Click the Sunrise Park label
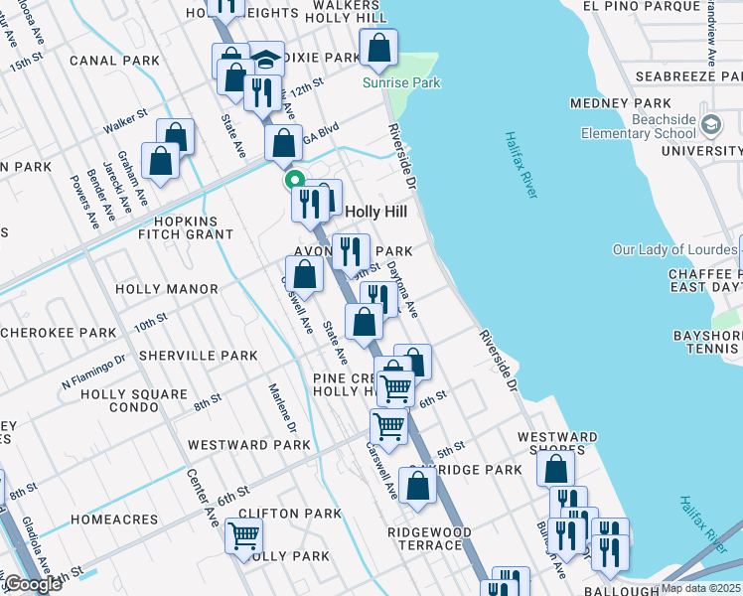401,83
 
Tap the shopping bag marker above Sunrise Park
379,47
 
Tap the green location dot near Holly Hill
293,180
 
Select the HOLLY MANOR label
166,289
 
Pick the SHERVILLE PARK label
198,356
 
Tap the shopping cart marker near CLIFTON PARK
242,535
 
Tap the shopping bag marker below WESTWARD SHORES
557,469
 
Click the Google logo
33,584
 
